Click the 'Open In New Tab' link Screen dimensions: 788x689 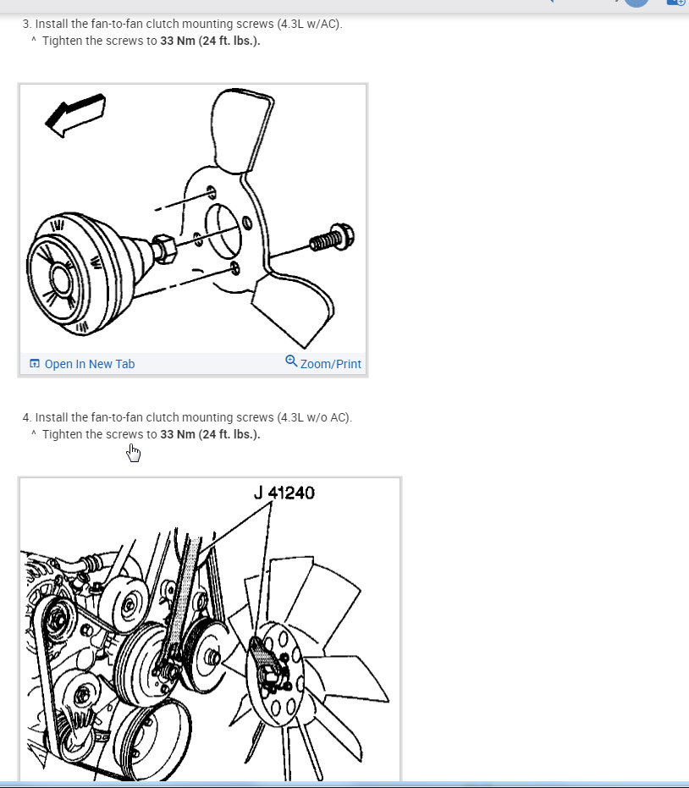(x=89, y=364)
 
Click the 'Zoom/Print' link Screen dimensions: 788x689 (x=330, y=364)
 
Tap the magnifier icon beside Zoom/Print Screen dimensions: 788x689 (x=291, y=361)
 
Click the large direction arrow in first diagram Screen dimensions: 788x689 (x=75, y=115)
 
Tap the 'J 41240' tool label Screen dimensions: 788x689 (x=284, y=492)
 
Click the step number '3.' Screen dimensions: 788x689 (x=27, y=24)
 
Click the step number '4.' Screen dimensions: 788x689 (x=27, y=417)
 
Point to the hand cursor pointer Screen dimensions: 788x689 (x=134, y=454)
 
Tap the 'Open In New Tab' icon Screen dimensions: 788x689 (x=35, y=364)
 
